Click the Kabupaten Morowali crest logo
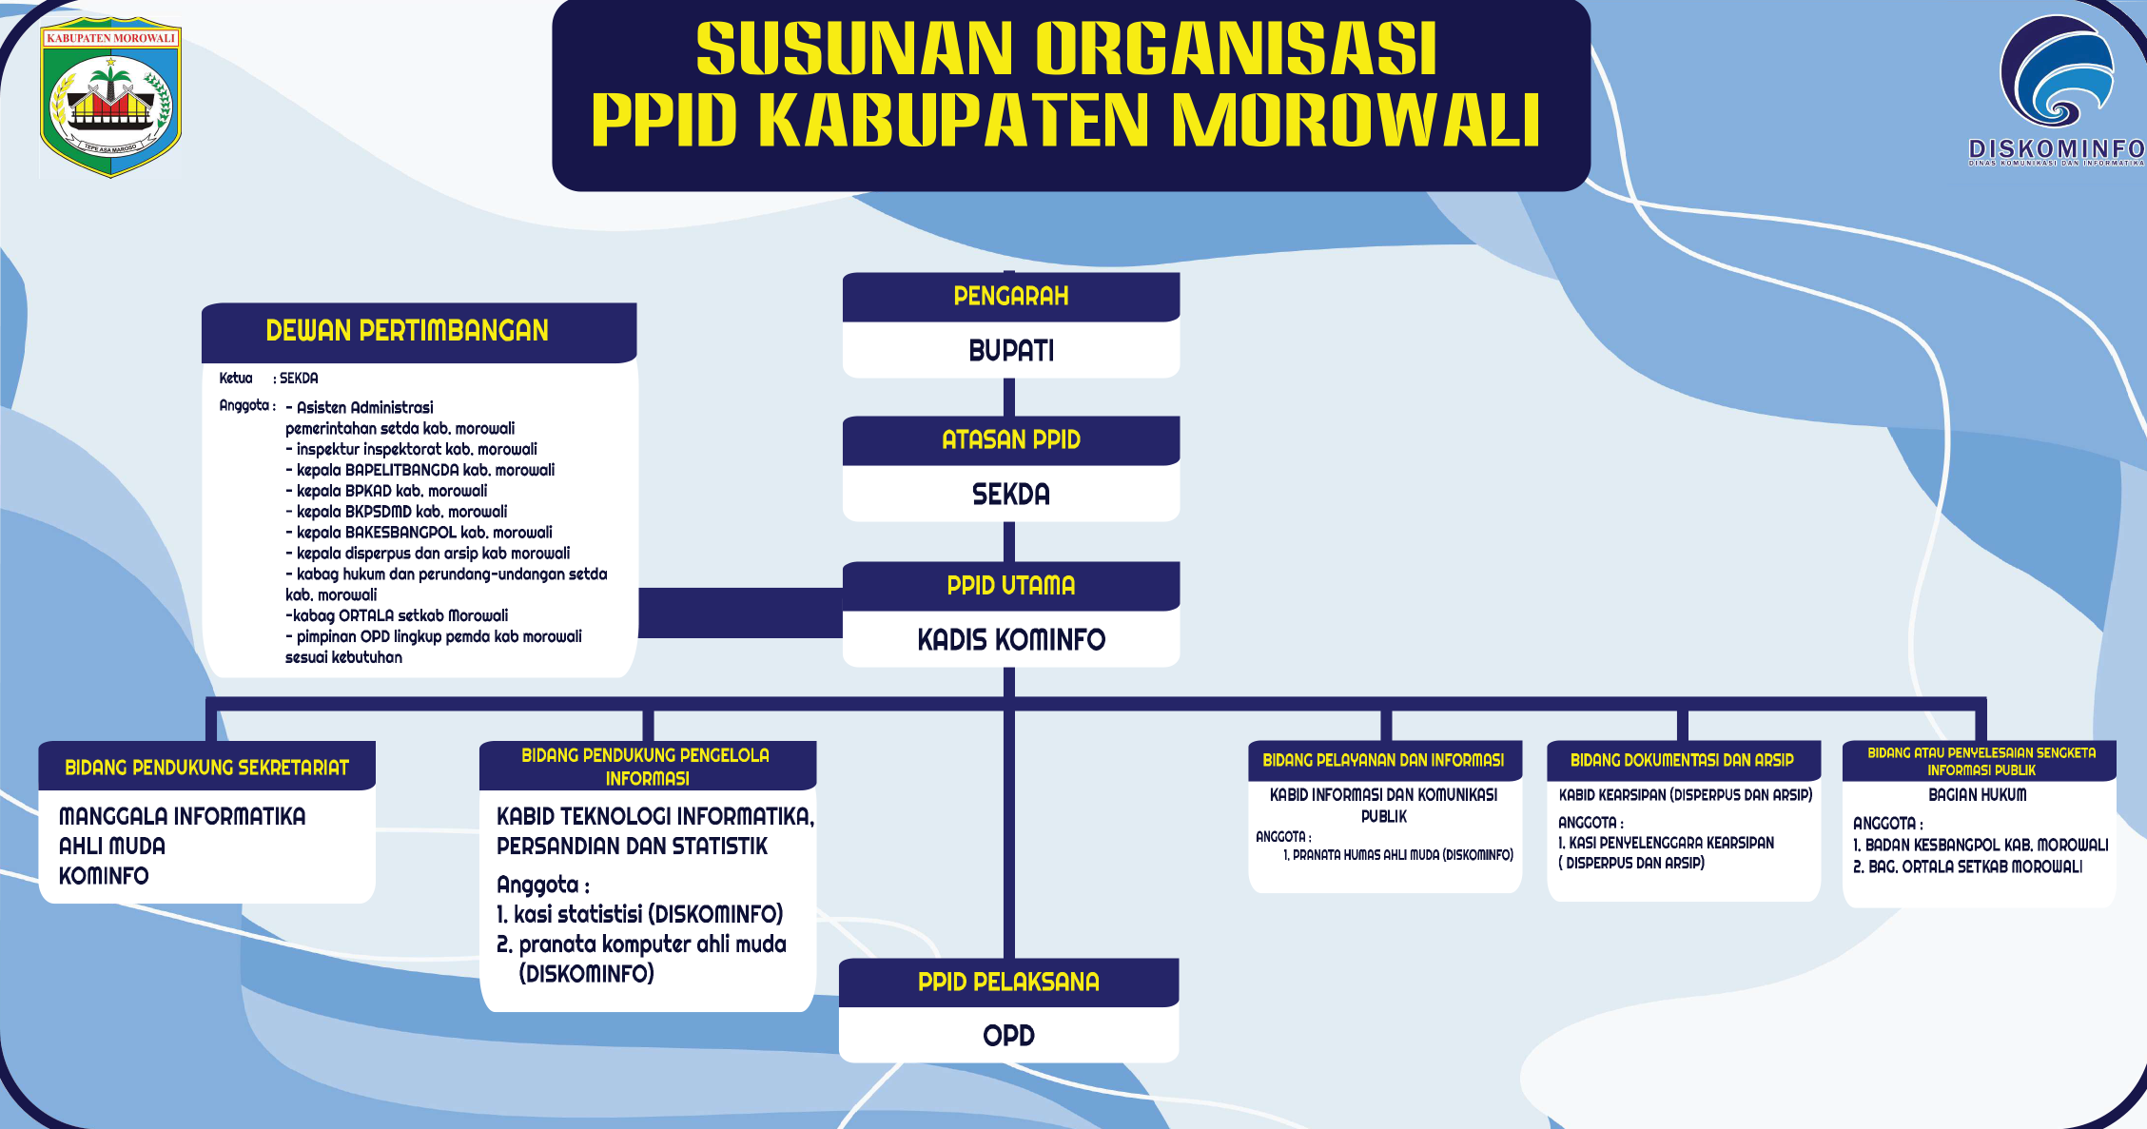click(110, 98)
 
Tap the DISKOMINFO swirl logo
click(2056, 73)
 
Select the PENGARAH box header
click(1010, 297)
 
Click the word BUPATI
click(1010, 351)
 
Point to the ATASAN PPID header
click(1010, 440)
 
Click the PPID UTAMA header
click(1010, 586)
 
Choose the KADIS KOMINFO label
click(1010, 640)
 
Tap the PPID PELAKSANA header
click(1008, 983)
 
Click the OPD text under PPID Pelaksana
click(1008, 1036)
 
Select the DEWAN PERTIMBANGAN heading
click(407, 331)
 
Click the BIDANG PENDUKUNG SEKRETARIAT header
click(206, 768)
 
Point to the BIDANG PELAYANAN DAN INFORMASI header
click(1383, 760)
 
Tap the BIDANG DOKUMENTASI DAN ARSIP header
click(1682, 760)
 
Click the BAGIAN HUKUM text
click(1977, 794)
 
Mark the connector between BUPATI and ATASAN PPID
click(1009, 397)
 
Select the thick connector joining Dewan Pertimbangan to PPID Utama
click(740, 612)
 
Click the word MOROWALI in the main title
click(1356, 121)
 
